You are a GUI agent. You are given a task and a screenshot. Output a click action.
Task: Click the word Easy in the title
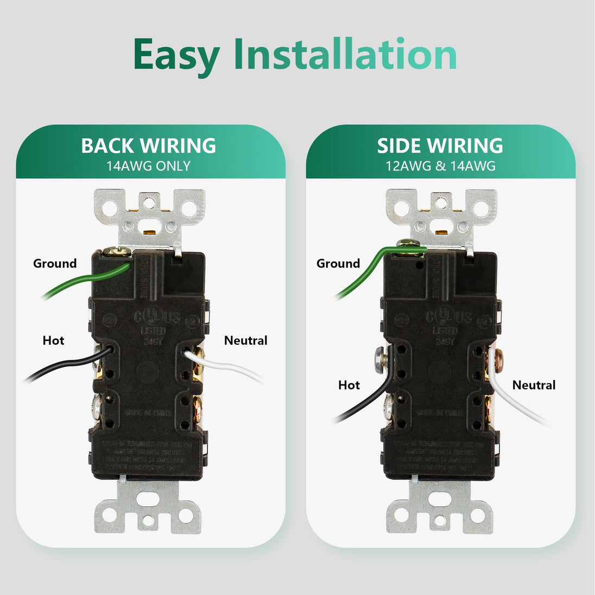(176, 55)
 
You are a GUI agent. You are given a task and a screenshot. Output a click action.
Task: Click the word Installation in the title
(345, 54)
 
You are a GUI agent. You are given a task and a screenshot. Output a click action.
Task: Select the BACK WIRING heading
(149, 145)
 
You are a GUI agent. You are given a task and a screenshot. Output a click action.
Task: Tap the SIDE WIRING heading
(440, 145)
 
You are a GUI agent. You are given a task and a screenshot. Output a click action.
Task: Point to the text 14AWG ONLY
(149, 166)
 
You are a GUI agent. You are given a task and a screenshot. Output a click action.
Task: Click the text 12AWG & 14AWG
(440, 166)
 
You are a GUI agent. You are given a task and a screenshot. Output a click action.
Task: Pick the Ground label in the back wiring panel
(55, 264)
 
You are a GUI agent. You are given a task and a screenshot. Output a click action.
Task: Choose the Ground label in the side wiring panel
(338, 264)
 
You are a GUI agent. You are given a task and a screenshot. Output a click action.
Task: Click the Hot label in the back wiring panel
(53, 341)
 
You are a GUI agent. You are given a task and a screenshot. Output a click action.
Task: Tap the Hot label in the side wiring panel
(349, 385)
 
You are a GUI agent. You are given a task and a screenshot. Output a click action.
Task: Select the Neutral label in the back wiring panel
(246, 341)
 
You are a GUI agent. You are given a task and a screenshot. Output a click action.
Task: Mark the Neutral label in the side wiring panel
(534, 385)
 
